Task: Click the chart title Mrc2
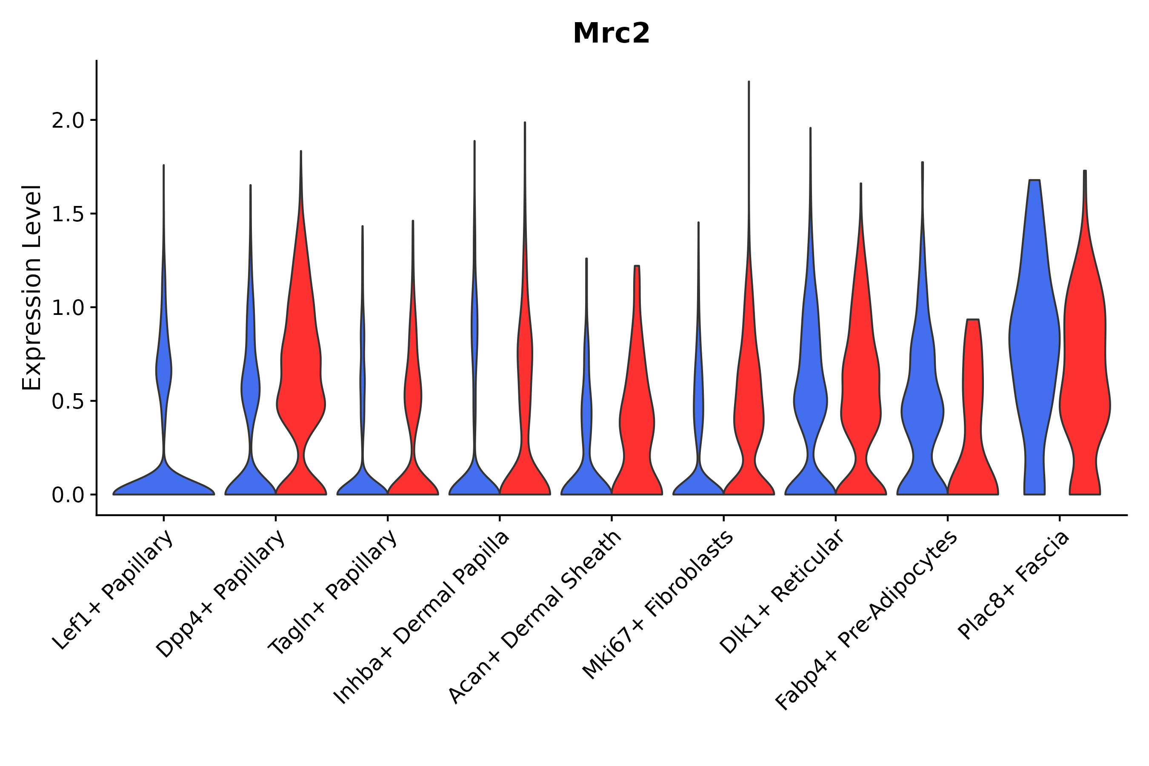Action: [x=611, y=34]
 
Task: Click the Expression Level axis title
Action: [x=32, y=287]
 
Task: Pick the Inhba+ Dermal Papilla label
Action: [x=422, y=617]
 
